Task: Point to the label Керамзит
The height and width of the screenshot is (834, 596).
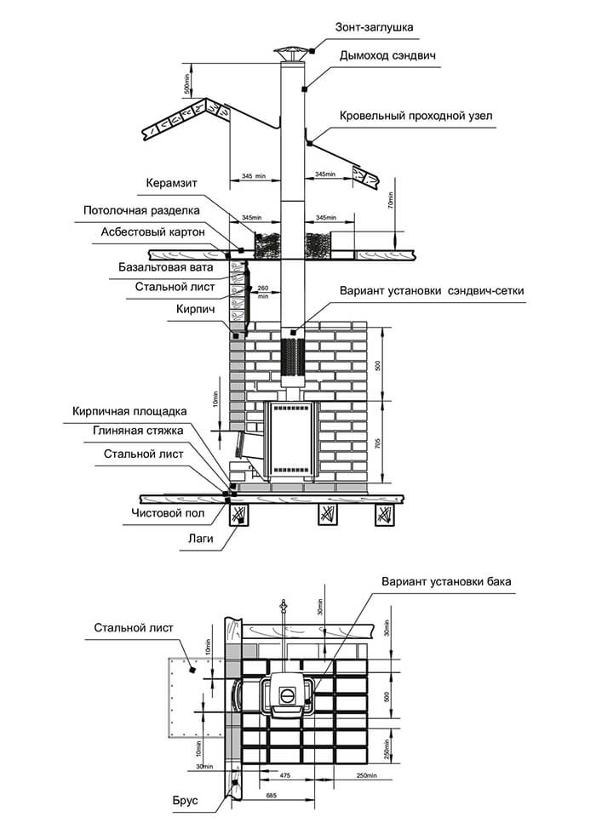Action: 173,184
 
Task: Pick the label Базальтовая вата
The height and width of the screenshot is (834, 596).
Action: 166,267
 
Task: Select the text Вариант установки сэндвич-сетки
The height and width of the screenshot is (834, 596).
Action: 432,291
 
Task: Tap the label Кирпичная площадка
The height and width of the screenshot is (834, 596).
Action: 129,412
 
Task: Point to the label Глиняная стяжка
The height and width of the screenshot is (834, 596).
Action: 138,431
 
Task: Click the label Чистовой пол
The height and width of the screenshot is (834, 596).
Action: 169,513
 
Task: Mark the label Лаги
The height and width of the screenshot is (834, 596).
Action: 201,538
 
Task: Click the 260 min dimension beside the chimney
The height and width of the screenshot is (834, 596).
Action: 263,292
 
